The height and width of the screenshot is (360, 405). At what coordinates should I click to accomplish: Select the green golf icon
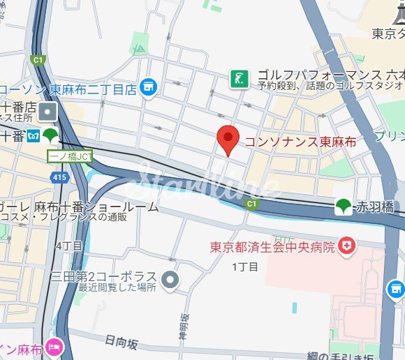239,80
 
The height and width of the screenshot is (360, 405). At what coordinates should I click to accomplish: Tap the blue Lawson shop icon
147,87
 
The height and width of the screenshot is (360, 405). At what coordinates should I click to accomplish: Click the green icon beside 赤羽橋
342,206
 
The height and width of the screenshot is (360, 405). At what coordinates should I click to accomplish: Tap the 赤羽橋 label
374,207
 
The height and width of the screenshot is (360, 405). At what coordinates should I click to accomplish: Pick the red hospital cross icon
346,246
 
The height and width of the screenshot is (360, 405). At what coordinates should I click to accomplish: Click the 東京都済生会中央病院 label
274,247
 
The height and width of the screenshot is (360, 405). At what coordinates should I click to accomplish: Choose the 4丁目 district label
69,246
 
